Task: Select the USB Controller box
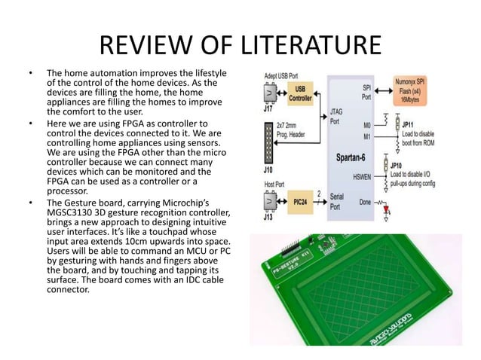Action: click(x=299, y=95)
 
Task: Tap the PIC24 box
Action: click(x=299, y=202)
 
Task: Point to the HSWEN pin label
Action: click(x=358, y=177)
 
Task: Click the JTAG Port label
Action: click(x=337, y=116)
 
